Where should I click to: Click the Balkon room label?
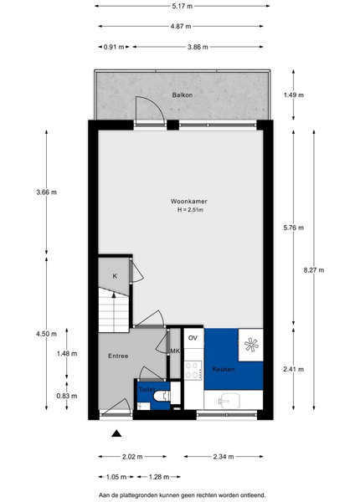[183, 95]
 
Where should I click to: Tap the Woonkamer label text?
[188, 202]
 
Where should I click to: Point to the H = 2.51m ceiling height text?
[191, 210]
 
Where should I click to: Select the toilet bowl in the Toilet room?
[162, 396]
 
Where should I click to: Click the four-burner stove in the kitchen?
[193, 370]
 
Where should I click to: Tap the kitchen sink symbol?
[229, 400]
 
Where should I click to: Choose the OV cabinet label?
[193, 338]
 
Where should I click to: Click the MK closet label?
[175, 351]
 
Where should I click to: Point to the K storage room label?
[115, 276]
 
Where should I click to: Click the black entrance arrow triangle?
[116, 433]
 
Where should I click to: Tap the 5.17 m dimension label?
[183, 6]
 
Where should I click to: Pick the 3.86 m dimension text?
[198, 47]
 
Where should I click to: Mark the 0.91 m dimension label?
[114, 47]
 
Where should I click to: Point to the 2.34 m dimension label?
[224, 457]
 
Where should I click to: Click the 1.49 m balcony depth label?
[294, 95]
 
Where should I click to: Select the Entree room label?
[118, 356]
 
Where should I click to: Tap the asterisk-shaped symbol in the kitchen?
[251, 345]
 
